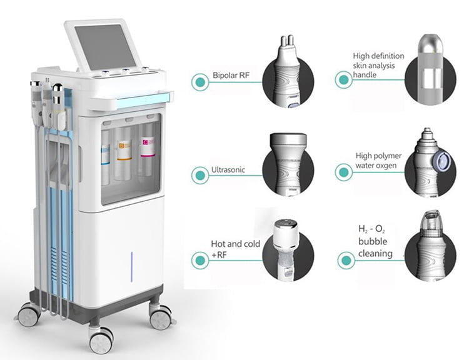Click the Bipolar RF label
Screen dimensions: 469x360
point(231,75)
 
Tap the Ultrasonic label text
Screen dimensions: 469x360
point(228,170)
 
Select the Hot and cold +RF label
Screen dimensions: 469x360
point(236,249)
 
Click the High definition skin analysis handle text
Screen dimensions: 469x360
point(378,65)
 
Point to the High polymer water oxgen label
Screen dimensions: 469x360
point(378,161)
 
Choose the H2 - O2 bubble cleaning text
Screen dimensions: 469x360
point(375,242)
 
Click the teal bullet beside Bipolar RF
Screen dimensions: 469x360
point(200,82)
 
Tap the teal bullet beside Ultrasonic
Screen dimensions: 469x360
point(200,175)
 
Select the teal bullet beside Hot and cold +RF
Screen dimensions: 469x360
point(200,261)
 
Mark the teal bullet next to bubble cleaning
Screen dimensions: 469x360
point(346,261)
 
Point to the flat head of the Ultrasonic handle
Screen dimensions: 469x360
point(288,141)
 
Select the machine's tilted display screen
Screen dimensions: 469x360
point(103,47)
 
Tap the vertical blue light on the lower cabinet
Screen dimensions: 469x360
point(131,267)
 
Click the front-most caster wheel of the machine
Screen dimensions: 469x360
point(101,339)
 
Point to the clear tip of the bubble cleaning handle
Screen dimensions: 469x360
point(431,220)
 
